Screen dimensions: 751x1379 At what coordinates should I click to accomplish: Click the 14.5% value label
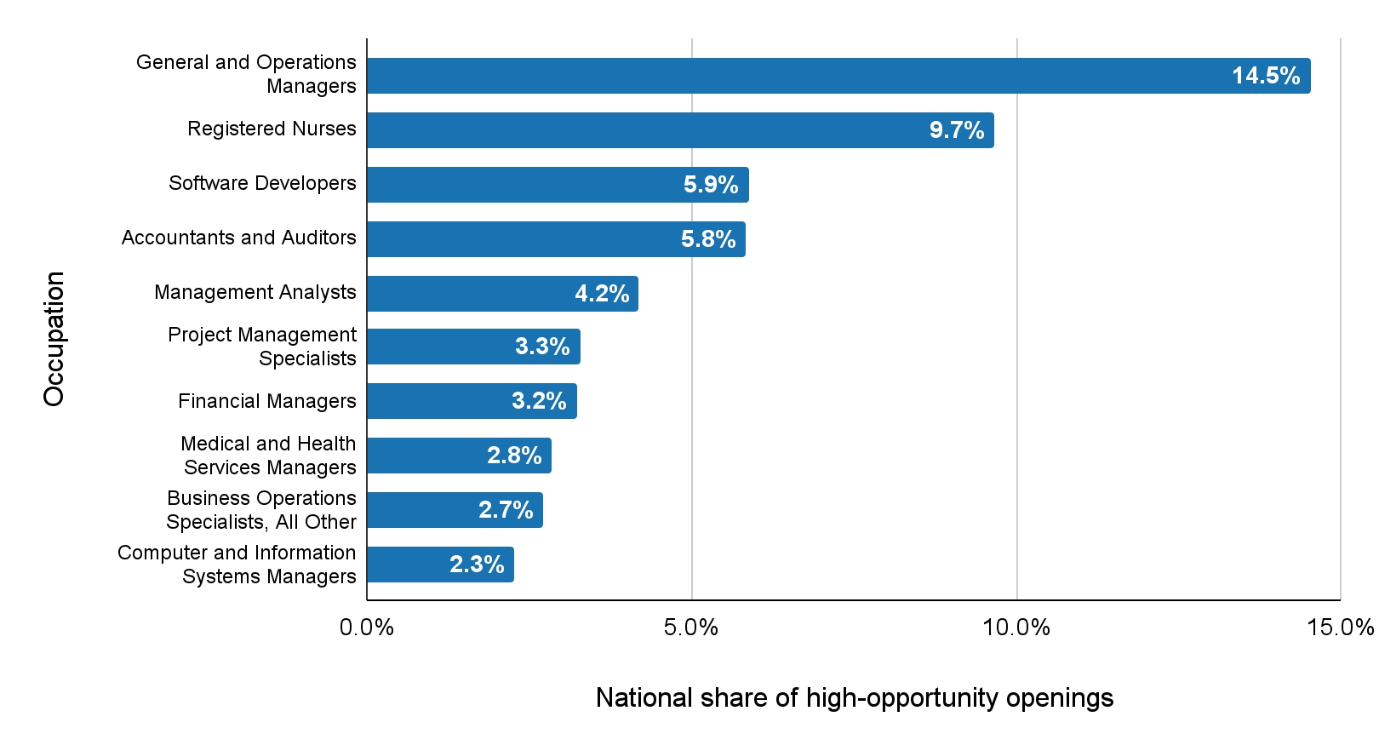pos(1266,76)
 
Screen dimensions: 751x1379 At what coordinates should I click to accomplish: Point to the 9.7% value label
pos(957,130)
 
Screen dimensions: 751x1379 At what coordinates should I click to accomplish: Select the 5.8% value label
pos(708,239)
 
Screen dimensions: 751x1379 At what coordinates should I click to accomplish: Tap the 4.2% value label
pos(602,294)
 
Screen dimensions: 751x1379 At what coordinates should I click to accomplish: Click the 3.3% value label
pos(542,347)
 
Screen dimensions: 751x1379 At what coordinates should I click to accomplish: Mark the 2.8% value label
pos(514,456)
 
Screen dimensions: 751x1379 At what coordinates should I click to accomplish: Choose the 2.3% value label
pos(477,565)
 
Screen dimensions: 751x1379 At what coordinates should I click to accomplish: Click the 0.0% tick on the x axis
pos(367,628)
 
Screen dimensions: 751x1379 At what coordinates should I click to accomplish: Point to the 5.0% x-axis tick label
pos(691,628)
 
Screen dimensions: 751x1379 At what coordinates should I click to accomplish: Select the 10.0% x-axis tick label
pos(1016,628)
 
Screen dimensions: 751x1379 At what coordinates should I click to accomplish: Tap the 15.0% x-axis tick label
pos(1341,628)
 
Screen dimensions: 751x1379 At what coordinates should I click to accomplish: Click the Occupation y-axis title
pos(54,338)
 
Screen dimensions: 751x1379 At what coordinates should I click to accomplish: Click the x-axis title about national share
pos(854,698)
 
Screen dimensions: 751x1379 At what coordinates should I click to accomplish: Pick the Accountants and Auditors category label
pos(238,238)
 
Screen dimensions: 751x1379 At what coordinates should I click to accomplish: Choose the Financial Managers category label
pos(266,401)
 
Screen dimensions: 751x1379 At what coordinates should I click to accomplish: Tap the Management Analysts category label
pos(255,292)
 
